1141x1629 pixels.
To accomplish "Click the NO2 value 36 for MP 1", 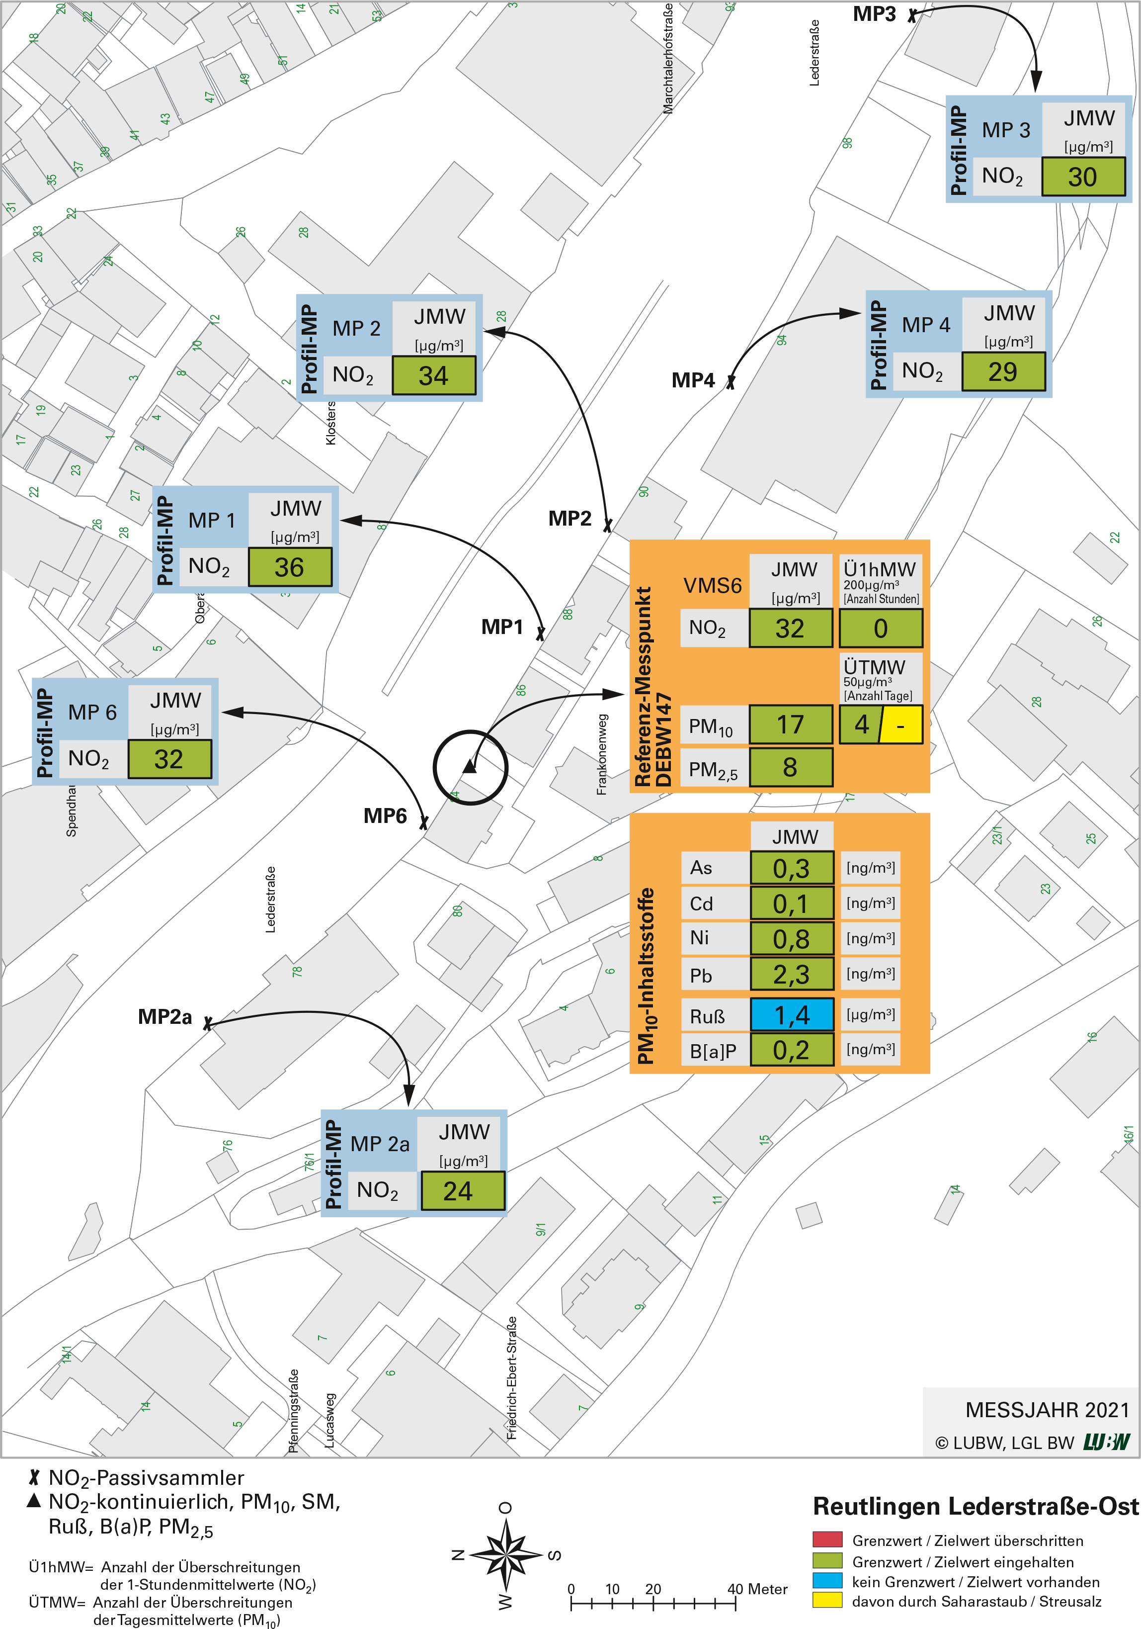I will (x=289, y=567).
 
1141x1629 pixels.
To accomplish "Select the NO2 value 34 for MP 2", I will (x=433, y=375).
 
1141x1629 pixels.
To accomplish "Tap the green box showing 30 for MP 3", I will (x=1083, y=177).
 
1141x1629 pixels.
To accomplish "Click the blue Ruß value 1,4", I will (x=792, y=1014).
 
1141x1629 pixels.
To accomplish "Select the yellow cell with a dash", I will (x=900, y=725).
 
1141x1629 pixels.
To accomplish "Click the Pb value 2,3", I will (x=792, y=974).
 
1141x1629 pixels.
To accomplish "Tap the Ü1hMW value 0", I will (x=881, y=629).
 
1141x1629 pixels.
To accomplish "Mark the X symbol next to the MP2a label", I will (x=208, y=1023).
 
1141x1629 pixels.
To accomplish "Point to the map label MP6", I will (x=384, y=816).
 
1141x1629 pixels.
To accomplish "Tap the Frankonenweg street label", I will (x=602, y=754).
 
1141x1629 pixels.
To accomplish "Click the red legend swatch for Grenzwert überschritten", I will (x=827, y=1539).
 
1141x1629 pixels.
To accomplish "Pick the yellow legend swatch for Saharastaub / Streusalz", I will (x=827, y=1600).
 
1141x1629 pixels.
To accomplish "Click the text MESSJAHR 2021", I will (x=1047, y=1410).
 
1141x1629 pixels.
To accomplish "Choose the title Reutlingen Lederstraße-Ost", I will (x=976, y=1506).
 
